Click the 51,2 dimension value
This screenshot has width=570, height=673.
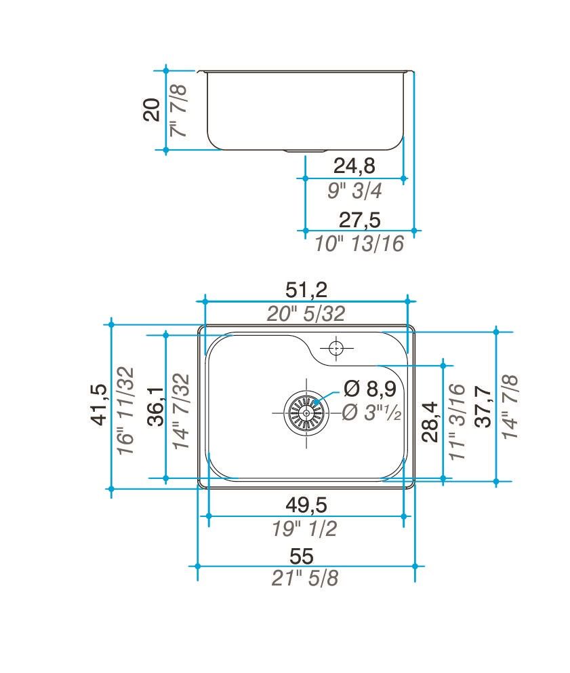tap(306, 290)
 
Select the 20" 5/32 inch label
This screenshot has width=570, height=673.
tap(306, 313)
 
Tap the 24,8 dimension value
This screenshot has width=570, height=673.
tap(354, 166)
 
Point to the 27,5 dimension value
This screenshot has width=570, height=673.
tap(359, 220)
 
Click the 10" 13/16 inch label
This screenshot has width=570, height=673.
tap(359, 243)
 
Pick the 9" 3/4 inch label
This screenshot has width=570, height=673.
tap(354, 191)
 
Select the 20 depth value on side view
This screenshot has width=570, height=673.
tap(152, 109)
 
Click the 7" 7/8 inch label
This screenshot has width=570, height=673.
tap(180, 110)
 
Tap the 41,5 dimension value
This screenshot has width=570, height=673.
tap(100, 404)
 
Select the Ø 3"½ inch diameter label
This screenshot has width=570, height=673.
tap(372, 412)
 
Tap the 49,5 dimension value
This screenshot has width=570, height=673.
tap(306, 505)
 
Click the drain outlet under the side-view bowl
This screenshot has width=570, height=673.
tap(306, 151)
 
